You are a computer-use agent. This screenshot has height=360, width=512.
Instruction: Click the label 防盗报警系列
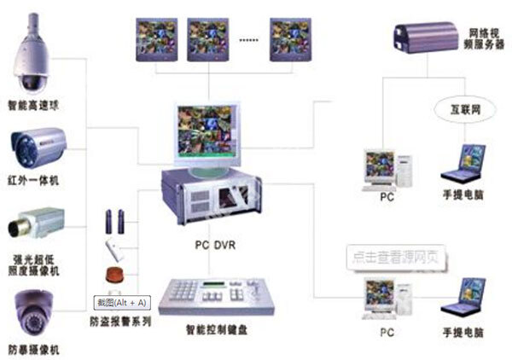click(121, 322)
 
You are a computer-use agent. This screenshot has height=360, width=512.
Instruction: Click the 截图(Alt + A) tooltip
click(121, 302)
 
